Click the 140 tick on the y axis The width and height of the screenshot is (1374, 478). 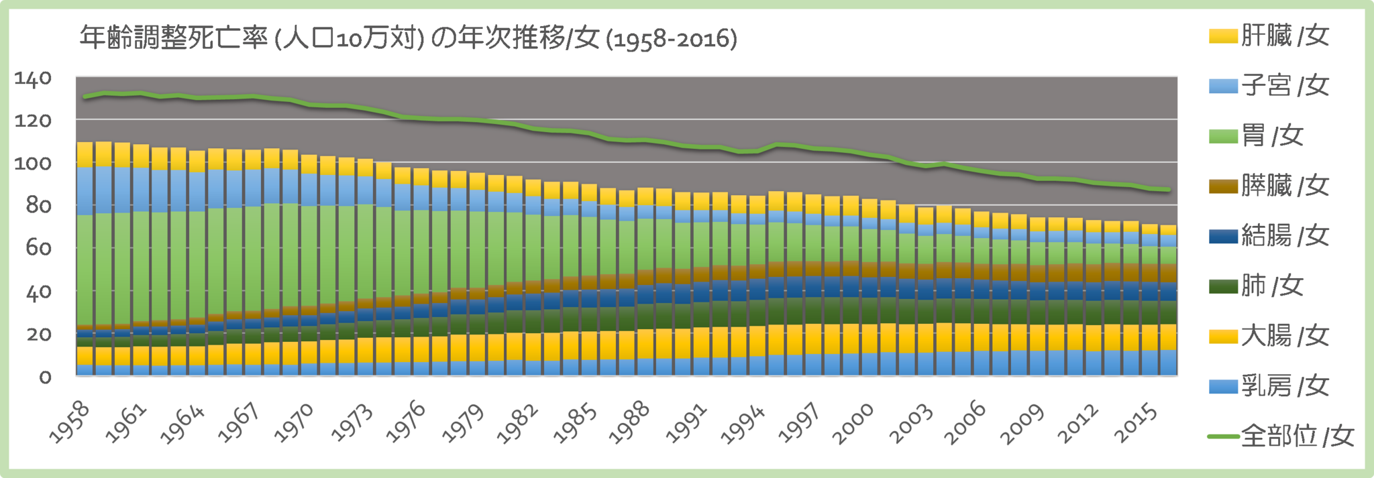tap(34, 78)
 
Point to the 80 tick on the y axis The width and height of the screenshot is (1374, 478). tap(39, 206)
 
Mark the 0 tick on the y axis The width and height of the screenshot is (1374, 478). tap(45, 377)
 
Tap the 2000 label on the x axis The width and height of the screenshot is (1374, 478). tap(853, 422)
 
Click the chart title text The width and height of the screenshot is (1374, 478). tap(408, 39)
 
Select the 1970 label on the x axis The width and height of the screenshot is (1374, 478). tap(294, 422)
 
